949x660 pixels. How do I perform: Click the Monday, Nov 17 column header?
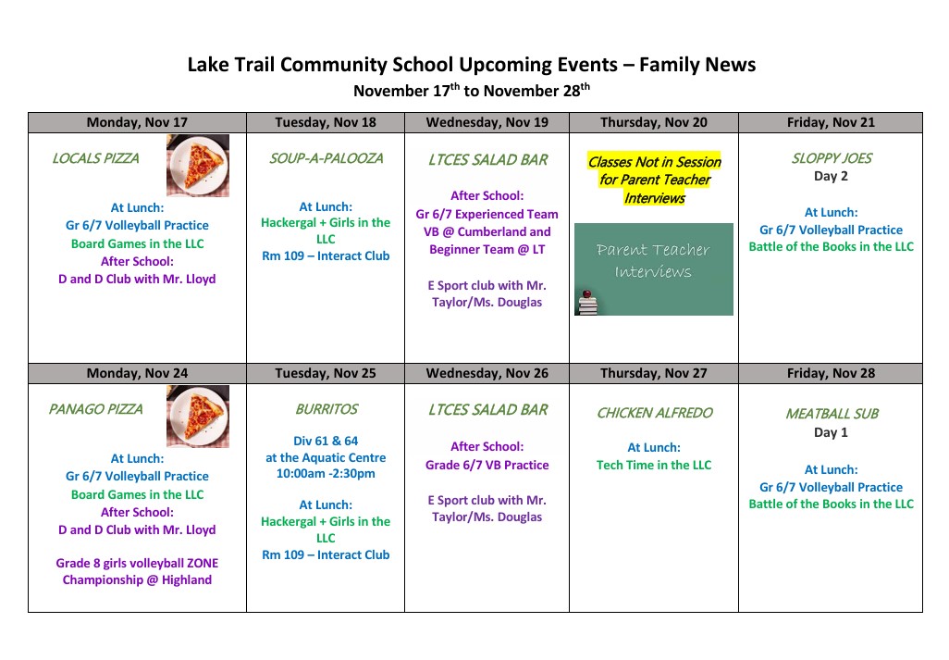coord(137,122)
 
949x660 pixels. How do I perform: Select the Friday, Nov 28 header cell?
coord(831,373)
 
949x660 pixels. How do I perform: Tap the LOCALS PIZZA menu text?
coord(95,158)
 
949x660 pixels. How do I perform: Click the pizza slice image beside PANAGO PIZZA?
coord(197,416)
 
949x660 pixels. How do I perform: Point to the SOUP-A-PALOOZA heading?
coord(326,158)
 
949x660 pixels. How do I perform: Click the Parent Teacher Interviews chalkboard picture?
coord(653,268)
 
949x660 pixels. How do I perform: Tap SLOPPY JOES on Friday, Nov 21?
coord(831,158)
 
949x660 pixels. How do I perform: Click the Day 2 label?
coord(831,176)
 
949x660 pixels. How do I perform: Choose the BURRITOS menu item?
coord(326,409)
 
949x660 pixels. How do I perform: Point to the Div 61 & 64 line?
coord(326,441)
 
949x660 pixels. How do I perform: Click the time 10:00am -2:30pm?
coord(326,473)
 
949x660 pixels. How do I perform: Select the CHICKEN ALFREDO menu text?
coord(654,413)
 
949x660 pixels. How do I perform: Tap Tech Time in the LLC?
coord(654,465)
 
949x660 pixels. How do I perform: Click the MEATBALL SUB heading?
coord(831,414)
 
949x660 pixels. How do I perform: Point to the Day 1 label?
coord(831,432)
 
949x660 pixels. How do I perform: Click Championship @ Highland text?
coord(137,579)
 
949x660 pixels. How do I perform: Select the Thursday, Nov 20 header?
coord(654,122)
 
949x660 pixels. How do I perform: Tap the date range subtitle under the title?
coord(472,91)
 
